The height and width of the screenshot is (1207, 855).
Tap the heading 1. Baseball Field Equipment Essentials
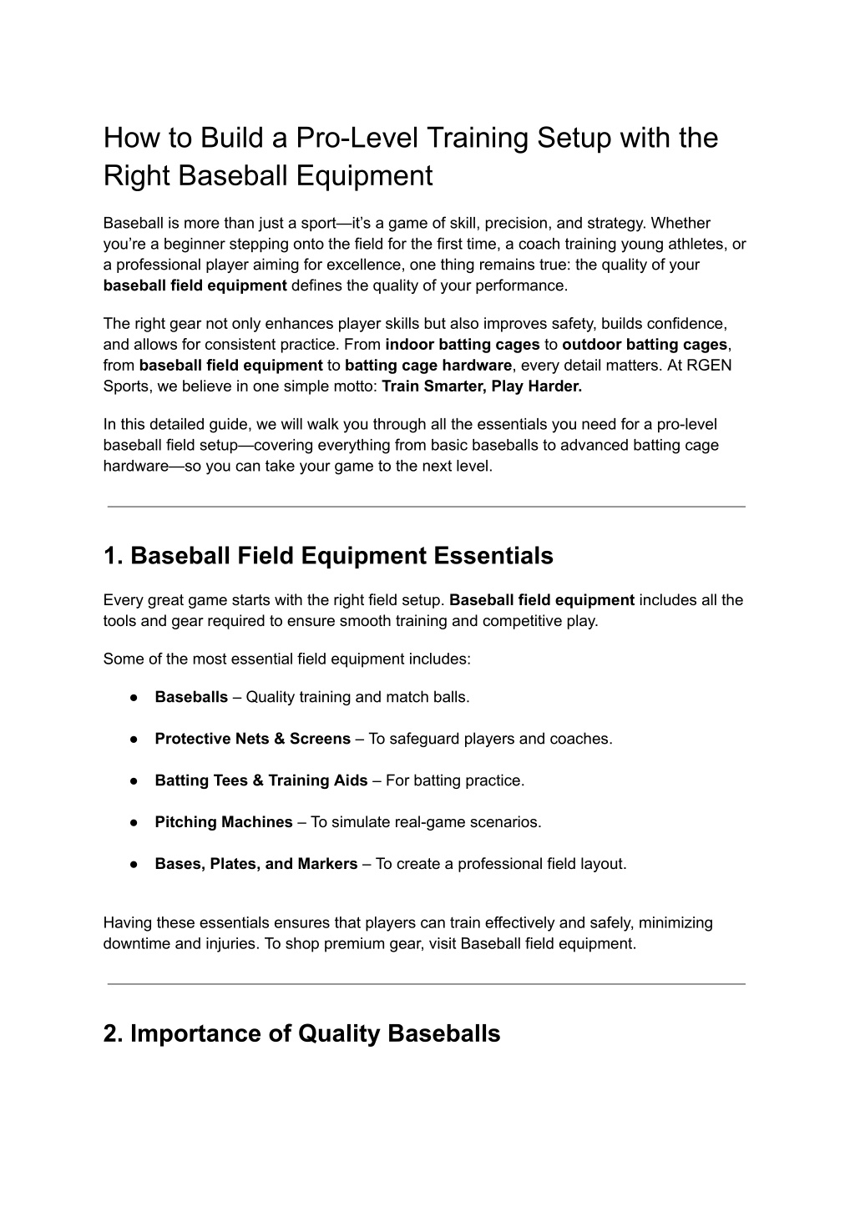328,556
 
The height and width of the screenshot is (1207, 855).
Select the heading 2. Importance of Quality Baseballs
301,1033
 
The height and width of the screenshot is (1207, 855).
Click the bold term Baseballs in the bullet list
191,697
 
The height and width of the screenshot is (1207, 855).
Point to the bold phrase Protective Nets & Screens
252,739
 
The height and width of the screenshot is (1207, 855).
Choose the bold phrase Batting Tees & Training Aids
261,780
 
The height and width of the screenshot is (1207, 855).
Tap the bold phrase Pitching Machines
223,822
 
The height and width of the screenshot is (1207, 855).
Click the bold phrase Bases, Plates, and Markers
255,864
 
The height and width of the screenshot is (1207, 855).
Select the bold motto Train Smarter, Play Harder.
481,386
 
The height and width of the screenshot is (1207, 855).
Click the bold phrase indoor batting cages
463,345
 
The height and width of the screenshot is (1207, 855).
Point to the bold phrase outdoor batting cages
645,345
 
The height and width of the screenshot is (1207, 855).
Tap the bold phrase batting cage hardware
427,366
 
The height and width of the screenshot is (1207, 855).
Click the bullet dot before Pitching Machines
134,822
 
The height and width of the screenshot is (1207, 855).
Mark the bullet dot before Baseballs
134,697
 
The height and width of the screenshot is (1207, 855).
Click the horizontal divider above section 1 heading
426,507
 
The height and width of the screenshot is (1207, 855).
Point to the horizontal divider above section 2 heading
426,984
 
